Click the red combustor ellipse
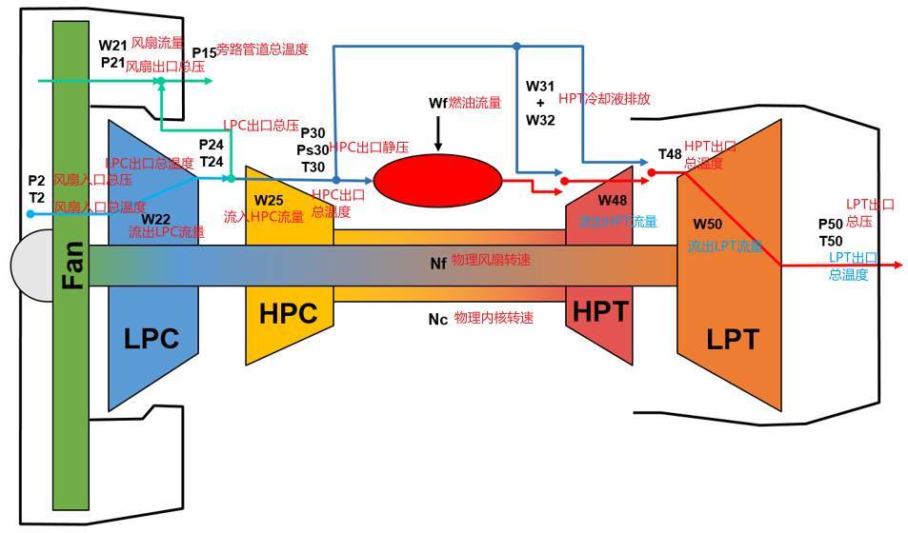click(x=437, y=179)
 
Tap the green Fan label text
click(x=71, y=265)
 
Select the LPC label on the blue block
click(x=152, y=337)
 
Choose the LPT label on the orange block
click(x=733, y=339)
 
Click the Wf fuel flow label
click(x=437, y=102)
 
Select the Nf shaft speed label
click(x=438, y=263)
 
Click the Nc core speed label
click(x=438, y=319)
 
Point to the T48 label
click(x=669, y=154)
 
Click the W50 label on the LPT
click(x=707, y=224)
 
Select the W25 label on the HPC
click(x=269, y=201)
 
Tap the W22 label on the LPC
click(x=155, y=219)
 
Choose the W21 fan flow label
click(x=113, y=45)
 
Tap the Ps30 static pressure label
click(x=312, y=149)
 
